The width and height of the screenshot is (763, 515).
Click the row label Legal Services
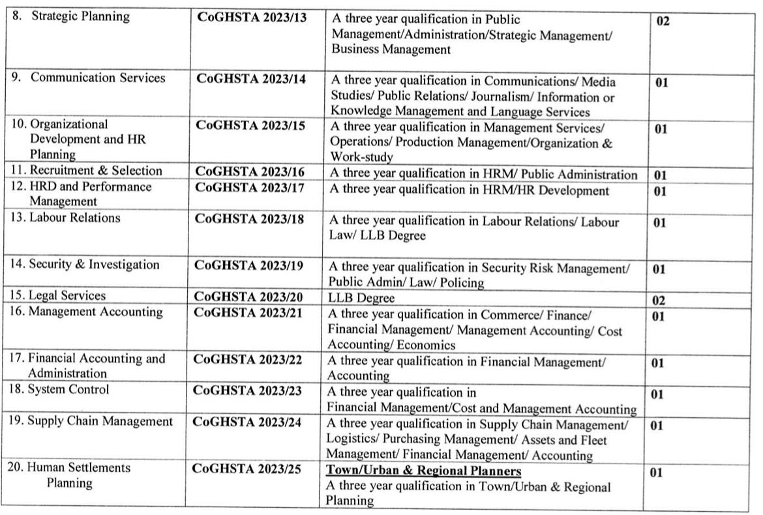(x=57, y=296)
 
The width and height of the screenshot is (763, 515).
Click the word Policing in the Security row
(x=460, y=283)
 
